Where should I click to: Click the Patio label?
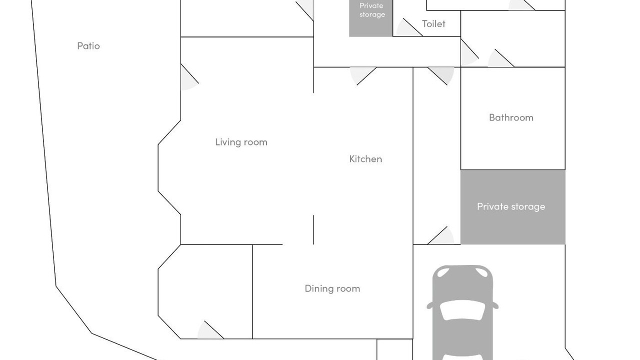(88, 45)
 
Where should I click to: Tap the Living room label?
(241, 142)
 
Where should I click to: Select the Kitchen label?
(365, 159)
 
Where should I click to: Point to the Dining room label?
(332, 288)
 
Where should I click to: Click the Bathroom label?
(511, 117)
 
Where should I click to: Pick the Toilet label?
(433, 23)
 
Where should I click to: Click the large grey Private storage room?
(513, 207)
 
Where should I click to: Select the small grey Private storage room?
(371, 18)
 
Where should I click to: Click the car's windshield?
(462, 310)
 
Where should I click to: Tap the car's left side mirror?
(430, 305)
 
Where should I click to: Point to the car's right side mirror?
(495, 305)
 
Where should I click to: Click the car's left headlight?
(443, 272)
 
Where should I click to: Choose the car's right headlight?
(481, 272)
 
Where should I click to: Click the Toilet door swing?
(408, 27)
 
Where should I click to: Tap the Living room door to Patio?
(189, 77)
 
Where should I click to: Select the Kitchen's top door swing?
(363, 76)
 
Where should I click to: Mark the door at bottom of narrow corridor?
(440, 235)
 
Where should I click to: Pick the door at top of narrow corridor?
(441, 76)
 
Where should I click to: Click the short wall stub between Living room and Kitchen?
(313, 229)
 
